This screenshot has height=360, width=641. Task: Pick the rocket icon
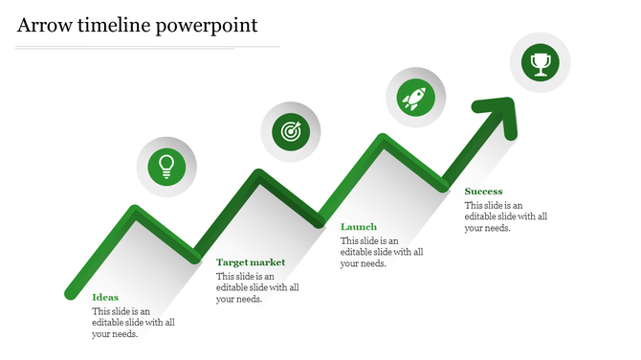(415, 97)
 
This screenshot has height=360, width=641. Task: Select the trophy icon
(541, 64)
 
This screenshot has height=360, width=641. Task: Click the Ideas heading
(105, 297)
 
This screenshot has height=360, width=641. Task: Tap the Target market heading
(251, 262)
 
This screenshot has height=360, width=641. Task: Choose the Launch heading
(359, 227)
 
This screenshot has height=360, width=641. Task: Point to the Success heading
(483, 191)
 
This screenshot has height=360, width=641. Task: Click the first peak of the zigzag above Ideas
(136, 212)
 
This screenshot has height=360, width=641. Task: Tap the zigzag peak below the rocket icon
(383, 140)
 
